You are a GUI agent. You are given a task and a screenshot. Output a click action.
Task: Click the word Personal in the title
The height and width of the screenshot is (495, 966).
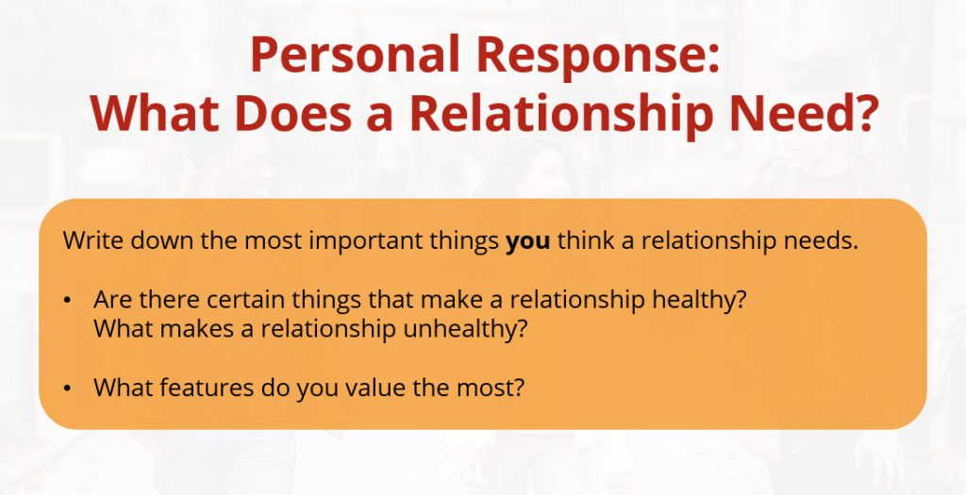(355, 55)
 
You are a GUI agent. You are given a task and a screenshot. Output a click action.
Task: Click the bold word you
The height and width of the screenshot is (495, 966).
(527, 241)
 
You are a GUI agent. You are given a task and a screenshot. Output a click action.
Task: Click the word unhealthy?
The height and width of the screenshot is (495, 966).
(465, 329)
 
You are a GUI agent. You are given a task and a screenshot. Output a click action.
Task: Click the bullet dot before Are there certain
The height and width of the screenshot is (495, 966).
(67, 301)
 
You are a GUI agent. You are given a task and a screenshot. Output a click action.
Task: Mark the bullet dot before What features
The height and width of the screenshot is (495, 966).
(67, 388)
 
